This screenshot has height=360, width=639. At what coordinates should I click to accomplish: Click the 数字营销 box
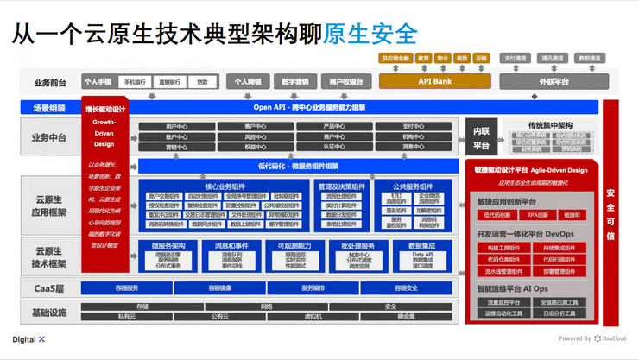(295, 82)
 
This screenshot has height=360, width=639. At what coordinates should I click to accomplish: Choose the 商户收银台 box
(346, 82)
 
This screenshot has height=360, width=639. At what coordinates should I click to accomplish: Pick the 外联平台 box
(554, 82)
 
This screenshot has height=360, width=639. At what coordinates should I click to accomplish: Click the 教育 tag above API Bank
(423, 59)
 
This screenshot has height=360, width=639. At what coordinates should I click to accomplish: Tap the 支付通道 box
(516, 59)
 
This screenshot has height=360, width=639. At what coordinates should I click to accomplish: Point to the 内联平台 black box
(481, 139)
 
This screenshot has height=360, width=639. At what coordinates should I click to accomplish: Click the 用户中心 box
(176, 127)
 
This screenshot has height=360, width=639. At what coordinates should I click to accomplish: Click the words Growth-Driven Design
(104, 133)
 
